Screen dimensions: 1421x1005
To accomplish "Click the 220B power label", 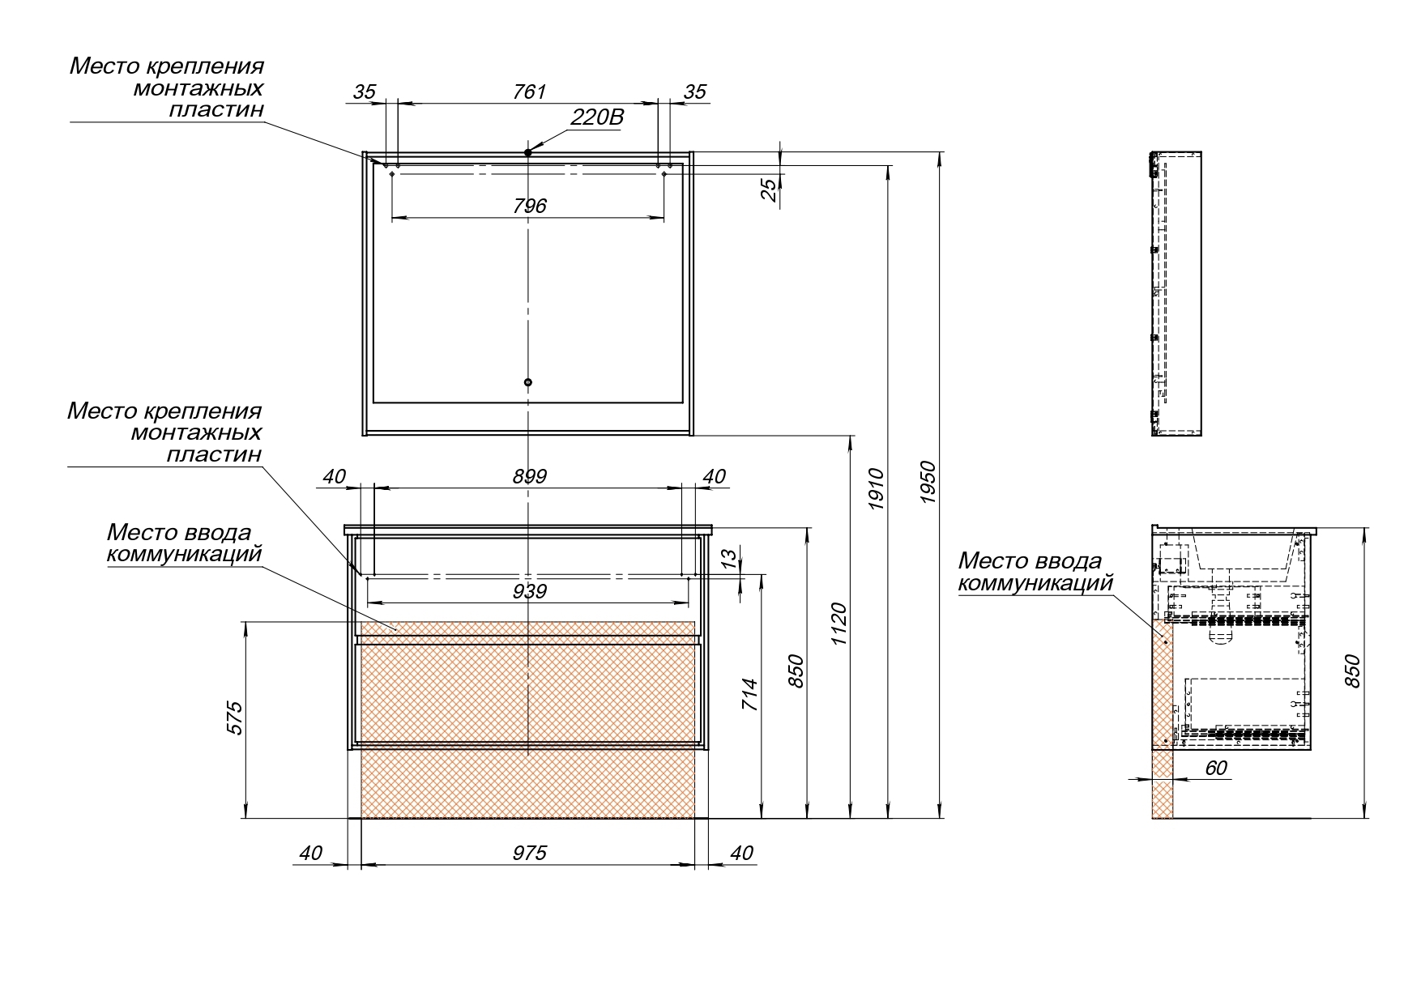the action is pyautogui.click(x=597, y=118).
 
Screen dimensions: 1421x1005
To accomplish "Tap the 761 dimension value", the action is pyautogui.click(x=530, y=92).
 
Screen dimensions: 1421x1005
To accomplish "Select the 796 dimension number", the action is pyautogui.click(x=530, y=207).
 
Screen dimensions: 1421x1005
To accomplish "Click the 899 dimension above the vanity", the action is pyautogui.click(x=530, y=477).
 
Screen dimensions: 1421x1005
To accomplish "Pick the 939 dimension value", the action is pyautogui.click(x=530, y=592).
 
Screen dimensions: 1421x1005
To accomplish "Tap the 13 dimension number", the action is pyautogui.click(x=729, y=558).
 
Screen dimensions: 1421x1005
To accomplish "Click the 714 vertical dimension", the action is pyautogui.click(x=750, y=695).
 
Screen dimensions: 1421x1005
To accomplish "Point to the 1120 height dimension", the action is pyautogui.click(x=839, y=624).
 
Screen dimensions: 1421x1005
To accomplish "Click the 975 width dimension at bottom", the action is pyautogui.click(x=530, y=853).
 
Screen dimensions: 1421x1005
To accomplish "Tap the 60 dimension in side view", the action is pyautogui.click(x=1216, y=768).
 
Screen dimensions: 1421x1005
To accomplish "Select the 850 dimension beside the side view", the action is pyautogui.click(x=1352, y=671).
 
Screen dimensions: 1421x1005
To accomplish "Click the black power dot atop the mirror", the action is pyautogui.click(x=527, y=152).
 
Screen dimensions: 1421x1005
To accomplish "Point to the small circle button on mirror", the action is pyautogui.click(x=528, y=382).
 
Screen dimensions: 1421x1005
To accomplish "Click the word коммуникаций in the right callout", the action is pyautogui.click(x=1035, y=583).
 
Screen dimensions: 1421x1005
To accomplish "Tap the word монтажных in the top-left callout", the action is pyautogui.click(x=198, y=87).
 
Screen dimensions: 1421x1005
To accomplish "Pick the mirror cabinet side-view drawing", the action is pyautogui.click(x=1176, y=294).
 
